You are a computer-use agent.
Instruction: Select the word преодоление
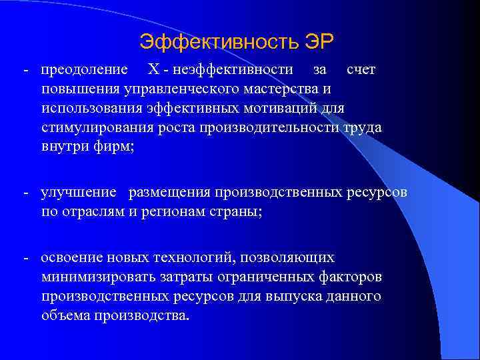click(x=85, y=69)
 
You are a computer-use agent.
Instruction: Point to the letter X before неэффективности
click(x=153, y=69)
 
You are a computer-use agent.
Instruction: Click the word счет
click(x=361, y=69)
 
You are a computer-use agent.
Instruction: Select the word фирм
click(x=117, y=147)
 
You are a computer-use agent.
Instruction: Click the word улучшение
click(x=79, y=193)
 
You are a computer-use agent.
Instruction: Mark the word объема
click(x=63, y=315)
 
